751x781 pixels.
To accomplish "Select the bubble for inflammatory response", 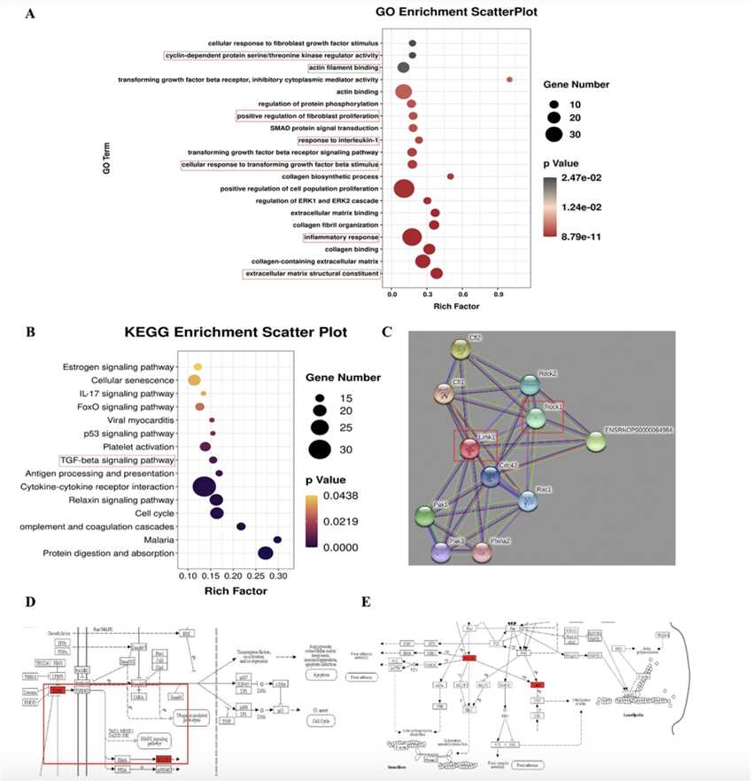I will pos(412,237).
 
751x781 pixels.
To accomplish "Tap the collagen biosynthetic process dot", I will pos(450,176).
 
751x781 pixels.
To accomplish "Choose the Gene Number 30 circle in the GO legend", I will pos(555,135).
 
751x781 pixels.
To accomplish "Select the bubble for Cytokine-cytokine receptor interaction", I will pos(204,486).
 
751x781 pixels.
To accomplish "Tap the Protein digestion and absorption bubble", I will pos(240,553).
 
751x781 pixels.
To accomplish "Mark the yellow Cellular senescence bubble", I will pos(194,380).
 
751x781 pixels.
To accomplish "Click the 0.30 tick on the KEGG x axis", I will pos(277,574).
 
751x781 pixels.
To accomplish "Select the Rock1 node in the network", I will pos(536,418).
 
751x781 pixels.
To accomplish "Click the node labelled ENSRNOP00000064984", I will pos(599,442).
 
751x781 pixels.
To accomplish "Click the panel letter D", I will pos(32,602).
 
